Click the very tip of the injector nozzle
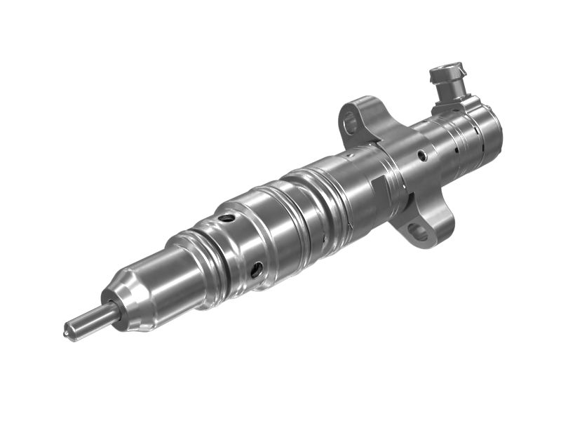(69, 328)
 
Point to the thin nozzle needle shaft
(87, 319)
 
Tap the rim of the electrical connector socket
(445, 72)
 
